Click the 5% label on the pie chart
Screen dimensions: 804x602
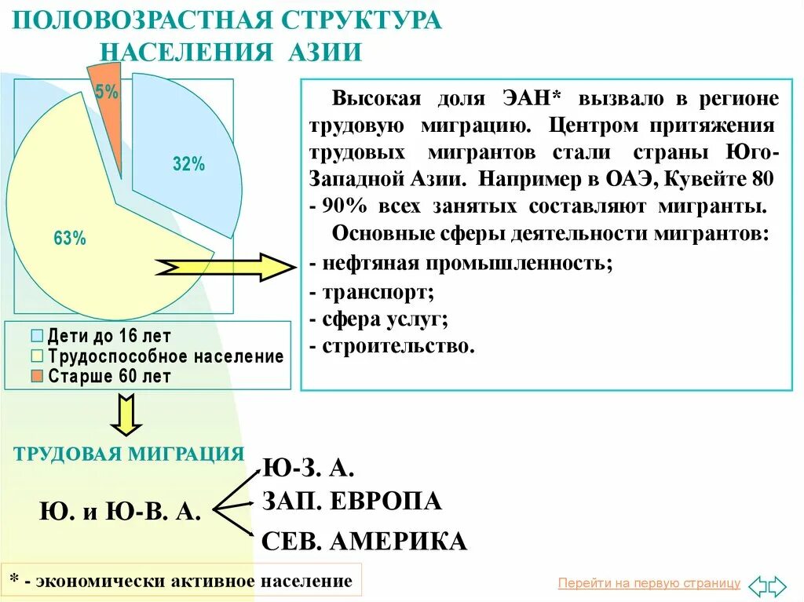click(107, 92)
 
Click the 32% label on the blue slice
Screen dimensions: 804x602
click(188, 164)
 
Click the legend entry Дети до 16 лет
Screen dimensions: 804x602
click(109, 337)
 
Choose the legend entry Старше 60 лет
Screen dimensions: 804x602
click(109, 376)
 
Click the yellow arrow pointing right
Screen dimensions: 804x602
click(225, 268)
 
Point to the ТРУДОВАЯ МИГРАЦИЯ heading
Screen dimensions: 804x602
click(129, 454)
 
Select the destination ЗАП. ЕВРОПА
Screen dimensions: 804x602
click(352, 501)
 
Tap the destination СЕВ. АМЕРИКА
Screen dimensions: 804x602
click(364, 540)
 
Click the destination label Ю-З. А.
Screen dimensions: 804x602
click(308, 468)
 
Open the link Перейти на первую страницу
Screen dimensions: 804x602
click(649, 583)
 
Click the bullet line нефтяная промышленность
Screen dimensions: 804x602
click(462, 264)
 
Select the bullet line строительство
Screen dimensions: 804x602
click(393, 346)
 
